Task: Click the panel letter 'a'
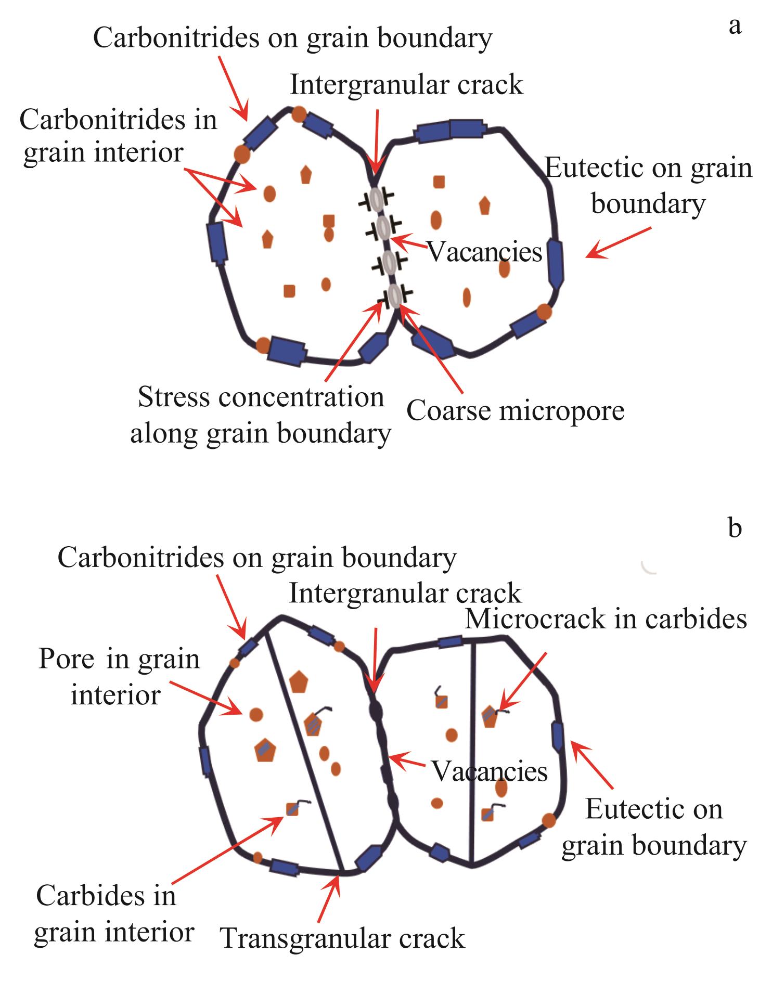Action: tap(734, 25)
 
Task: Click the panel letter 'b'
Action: tap(735, 527)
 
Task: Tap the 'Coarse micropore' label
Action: tap(515, 410)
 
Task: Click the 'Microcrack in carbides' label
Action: tap(606, 619)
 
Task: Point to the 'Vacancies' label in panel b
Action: tap(490, 771)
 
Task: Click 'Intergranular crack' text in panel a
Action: tap(406, 85)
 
